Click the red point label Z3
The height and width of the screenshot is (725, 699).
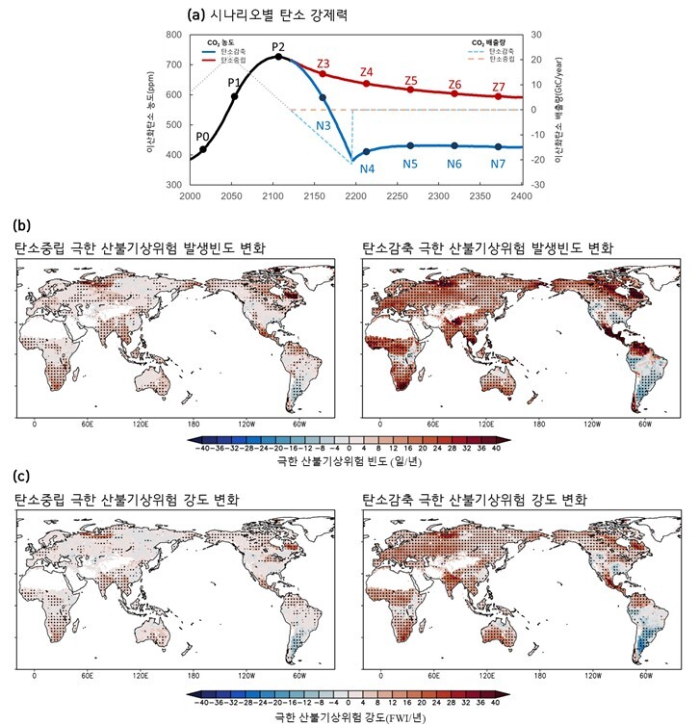coord(323,64)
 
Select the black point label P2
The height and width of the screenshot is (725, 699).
coord(278,46)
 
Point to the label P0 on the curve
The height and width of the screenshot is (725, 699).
coord(202,136)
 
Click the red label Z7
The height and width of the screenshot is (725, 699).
coord(498,87)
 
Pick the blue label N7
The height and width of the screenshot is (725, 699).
coord(498,164)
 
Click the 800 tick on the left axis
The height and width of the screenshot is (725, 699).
coord(174,35)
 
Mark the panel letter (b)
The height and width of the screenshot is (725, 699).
coord(20,226)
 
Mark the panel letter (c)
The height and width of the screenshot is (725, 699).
coord(20,476)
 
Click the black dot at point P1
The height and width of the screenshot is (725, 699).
coord(234,96)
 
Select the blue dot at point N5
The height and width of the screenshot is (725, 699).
coord(410,145)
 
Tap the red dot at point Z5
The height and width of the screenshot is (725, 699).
coord(410,90)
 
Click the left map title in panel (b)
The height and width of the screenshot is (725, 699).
coord(141,249)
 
